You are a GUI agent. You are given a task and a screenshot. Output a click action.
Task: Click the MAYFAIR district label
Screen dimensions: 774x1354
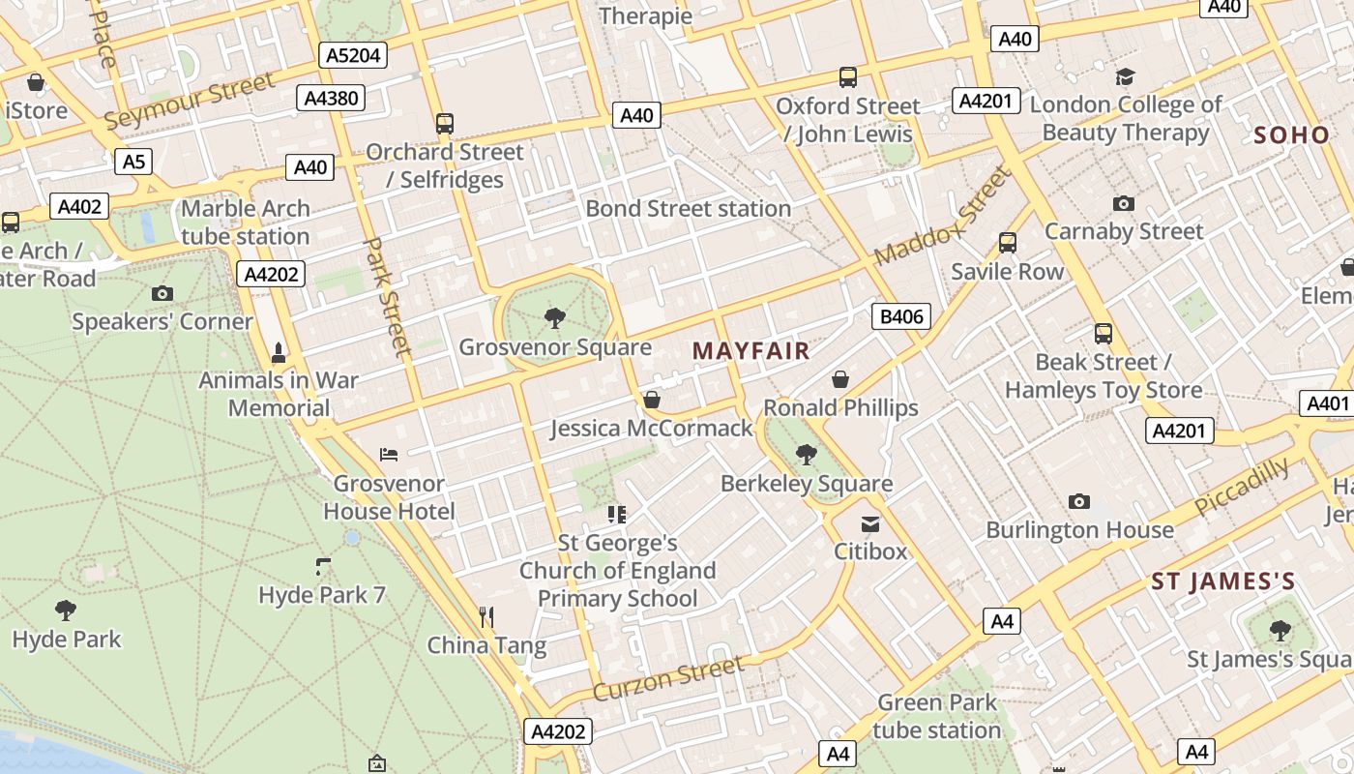[x=751, y=351]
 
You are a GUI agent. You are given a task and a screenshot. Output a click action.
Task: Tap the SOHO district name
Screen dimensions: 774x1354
[x=1292, y=135]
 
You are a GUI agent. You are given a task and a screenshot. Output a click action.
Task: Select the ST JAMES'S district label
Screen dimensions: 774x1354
[x=1222, y=581]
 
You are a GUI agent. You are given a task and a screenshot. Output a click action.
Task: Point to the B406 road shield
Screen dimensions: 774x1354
[x=900, y=316]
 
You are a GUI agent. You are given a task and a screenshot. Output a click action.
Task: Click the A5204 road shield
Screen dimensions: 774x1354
[x=353, y=55]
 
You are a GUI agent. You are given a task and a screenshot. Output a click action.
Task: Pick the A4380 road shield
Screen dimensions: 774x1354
[x=332, y=98]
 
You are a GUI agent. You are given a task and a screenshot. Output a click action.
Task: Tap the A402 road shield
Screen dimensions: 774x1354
[x=79, y=206]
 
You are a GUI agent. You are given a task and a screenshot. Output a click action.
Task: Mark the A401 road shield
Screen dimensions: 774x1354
[x=1327, y=403]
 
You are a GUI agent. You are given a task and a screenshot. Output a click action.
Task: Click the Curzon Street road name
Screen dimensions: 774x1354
[x=668, y=678]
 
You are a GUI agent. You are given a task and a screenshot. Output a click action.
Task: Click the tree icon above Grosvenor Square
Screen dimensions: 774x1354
[x=555, y=317]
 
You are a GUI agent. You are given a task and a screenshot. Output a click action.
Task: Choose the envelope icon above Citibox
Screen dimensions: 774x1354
[x=870, y=524]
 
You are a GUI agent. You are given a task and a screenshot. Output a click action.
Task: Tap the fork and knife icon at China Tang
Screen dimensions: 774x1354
[x=486, y=616]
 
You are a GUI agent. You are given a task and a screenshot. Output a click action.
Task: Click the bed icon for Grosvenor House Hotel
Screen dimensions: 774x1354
[x=389, y=454]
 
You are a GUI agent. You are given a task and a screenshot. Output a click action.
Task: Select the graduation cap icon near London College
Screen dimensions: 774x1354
[x=1125, y=77]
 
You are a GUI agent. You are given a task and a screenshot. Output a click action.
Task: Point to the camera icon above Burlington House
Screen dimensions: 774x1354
[x=1079, y=501]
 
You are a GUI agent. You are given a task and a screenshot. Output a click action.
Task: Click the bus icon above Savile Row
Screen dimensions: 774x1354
[x=1008, y=243]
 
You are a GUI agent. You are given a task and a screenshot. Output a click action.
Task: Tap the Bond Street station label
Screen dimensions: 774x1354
[x=688, y=208]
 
